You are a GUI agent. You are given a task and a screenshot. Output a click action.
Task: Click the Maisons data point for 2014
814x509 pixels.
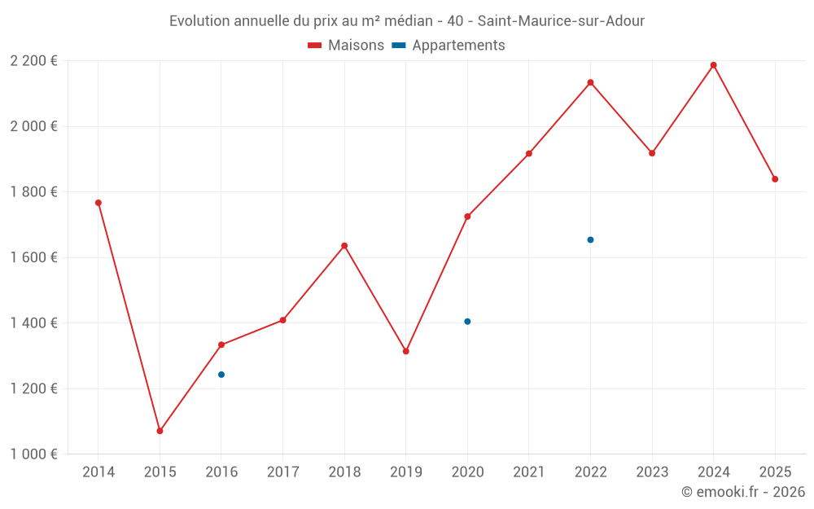tap(98, 203)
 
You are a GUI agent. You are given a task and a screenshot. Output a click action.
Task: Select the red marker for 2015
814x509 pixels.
tap(160, 431)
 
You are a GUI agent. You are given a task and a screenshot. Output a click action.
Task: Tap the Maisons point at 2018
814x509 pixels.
tap(344, 246)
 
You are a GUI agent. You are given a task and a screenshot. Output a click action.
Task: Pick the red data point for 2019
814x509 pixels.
tap(406, 351)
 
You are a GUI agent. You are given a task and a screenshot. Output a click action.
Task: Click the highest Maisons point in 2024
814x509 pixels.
tap(714, 65)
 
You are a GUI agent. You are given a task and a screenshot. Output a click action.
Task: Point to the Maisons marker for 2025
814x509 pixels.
tap(775, 179)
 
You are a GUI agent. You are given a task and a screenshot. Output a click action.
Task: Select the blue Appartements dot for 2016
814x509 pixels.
tap(221, 375)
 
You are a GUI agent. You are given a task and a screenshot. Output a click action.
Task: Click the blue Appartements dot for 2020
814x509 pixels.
tap(467, 322)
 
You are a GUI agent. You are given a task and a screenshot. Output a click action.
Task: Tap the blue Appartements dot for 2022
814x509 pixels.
tap(590, 239)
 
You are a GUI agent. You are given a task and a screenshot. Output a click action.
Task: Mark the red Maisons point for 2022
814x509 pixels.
tap(590, 82)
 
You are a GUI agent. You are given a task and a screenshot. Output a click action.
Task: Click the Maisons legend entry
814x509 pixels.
tap(346, 46)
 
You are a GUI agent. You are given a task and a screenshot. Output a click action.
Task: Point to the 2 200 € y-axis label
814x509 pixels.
tap(33, 61)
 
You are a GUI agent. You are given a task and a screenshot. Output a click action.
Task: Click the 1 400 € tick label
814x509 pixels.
tap(33, 323)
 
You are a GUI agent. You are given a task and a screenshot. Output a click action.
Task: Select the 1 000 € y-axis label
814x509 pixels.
tap(33, 454)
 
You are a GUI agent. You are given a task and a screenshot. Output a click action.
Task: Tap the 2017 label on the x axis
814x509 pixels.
tap(282, 472)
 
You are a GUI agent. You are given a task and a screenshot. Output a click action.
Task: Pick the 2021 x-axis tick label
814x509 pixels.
tap(529, 472)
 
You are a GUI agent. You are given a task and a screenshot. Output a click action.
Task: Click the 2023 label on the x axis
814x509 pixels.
tap(652, 472)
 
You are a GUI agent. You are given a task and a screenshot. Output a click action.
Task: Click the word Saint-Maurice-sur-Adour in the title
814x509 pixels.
tap(561, 21)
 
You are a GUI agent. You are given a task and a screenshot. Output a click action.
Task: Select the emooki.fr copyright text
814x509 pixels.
tap(743, 492)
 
